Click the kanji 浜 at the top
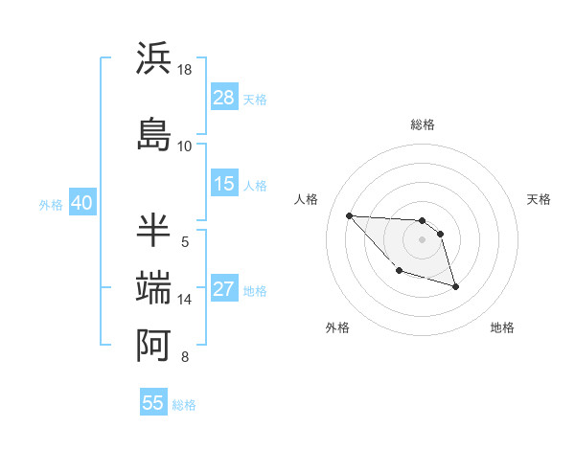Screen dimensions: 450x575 click(x=154, y=59)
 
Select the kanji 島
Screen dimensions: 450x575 click(x=154, y=134)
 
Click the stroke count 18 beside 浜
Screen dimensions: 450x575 click(x=185, y=70)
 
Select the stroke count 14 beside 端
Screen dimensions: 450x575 click(x=185, y=300)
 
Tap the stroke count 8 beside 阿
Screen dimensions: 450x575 click(x=185, y=357)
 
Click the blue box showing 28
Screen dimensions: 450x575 click(x=224, y=98)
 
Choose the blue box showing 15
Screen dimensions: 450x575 click(x=224, y=184)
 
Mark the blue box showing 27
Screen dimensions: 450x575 click(x=224, y=290)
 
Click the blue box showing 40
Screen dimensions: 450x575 click(x=81, y=203)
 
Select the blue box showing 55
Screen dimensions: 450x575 click(x=153, y=403)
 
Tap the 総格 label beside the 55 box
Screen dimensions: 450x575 click(x=184, y=405)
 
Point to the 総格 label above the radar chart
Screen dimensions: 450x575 click(x=423, y=124)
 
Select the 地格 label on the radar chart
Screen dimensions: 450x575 click(x=502, y=327)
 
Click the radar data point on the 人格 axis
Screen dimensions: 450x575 click(x=349, y=215)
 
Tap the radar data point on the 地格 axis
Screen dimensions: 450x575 click(x=455, y=286)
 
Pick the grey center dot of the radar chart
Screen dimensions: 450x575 click(x=422, y=239)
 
